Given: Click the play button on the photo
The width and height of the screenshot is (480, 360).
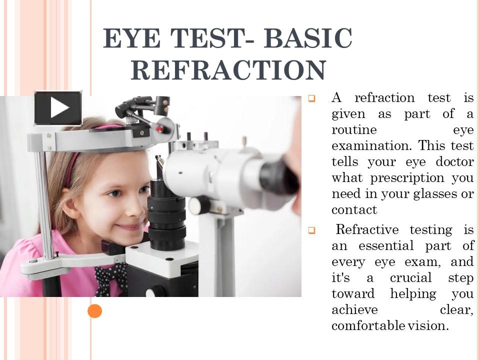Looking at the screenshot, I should click(58, 108).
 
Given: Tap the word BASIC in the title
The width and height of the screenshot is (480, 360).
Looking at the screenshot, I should click(307, 39).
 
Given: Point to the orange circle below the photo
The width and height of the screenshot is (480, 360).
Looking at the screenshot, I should click(94, 311).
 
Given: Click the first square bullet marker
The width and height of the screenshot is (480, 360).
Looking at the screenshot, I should click(311, 99).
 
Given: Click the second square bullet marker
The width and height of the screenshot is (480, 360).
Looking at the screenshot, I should click(311, 230).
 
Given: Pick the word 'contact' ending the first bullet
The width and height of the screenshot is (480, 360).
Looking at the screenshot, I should click(354, 210).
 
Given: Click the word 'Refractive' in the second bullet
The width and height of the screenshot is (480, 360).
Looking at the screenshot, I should click(367, 230).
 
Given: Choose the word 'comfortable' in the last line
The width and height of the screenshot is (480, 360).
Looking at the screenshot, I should click(368, 326).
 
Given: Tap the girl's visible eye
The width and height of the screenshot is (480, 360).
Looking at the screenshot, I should click(114, 193).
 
